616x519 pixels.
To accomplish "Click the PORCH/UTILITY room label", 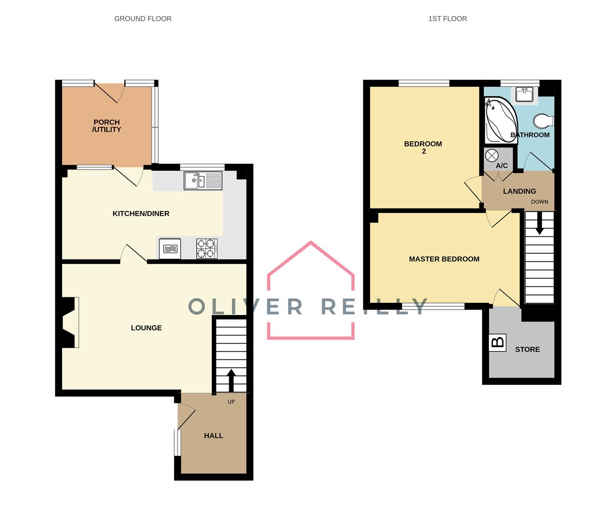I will pyautogui.click(x=107, y=126).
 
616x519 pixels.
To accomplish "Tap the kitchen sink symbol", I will pyautogui.click(x=202, y=181).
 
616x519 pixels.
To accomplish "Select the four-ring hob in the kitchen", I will pyautogui.click(x=207, y=248).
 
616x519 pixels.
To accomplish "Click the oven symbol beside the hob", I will pyautogui.click(x=170, y=248).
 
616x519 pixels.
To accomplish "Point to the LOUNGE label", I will pyautogui.click(x=146, y=328).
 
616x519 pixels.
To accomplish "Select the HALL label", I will pyautogui.click(x=213, y=435).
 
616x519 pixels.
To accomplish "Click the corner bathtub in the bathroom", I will pyautogui.click(x=500, y=120).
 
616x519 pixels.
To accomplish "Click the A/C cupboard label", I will pyautogui.click(x=502, y=166).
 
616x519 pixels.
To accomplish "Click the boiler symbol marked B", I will pyautogui.click(x=498, y=343).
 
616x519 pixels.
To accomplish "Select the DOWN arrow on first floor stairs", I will pyautogui.click(x=539, y=224).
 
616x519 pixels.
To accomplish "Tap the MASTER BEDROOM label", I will pyautogui.click(x=444, y=259).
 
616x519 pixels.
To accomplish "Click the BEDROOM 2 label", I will pyautogui.click(x=423, y=147).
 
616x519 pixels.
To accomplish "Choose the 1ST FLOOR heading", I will pyautogui.click(x=447, y=19).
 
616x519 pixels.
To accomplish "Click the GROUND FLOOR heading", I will pyautogui.click(x=143, y=19).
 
